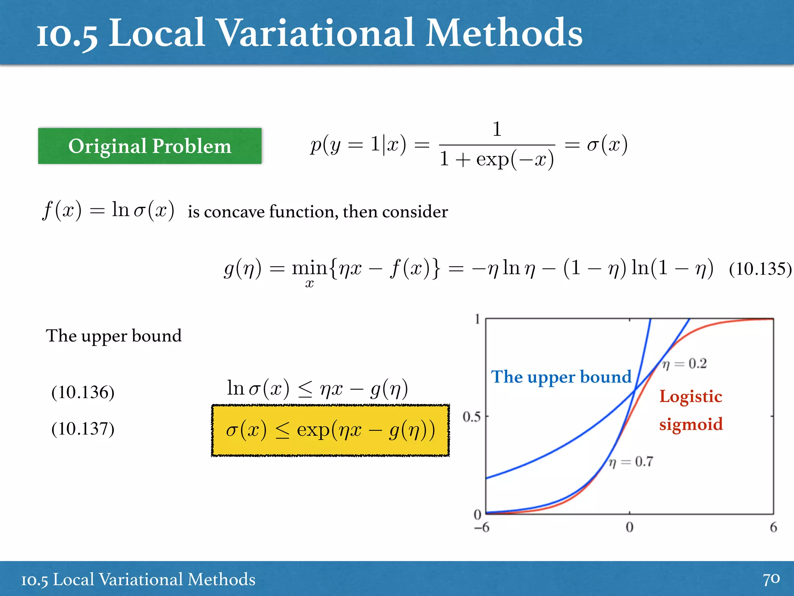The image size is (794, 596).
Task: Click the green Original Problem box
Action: pos(150,146)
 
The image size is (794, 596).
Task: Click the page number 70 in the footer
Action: pos(771,579)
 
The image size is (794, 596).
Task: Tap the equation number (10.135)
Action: pos(760,269)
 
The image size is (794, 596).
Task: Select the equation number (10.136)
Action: pos(83,392)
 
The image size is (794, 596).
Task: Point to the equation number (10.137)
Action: pos(83,428)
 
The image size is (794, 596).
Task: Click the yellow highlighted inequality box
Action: pos(330,430)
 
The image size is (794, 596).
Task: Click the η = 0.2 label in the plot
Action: pos(685,364)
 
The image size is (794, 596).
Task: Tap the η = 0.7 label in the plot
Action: pos(631,462)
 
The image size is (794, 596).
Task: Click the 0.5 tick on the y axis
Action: pos(471,417)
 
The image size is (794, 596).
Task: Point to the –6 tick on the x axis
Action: pos(482,527)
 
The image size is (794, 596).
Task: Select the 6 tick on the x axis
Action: pos(773,527)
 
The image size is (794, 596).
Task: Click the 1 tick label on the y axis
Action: pos(477,319)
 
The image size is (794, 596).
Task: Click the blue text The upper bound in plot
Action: pos(561,377)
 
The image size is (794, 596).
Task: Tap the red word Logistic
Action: pos(690,396)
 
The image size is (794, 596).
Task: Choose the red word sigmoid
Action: pos(691,424)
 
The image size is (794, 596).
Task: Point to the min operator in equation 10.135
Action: pos(309,269)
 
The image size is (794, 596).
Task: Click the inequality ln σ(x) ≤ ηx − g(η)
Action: pos(317,388)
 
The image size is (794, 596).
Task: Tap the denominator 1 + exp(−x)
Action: pos(497,159)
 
